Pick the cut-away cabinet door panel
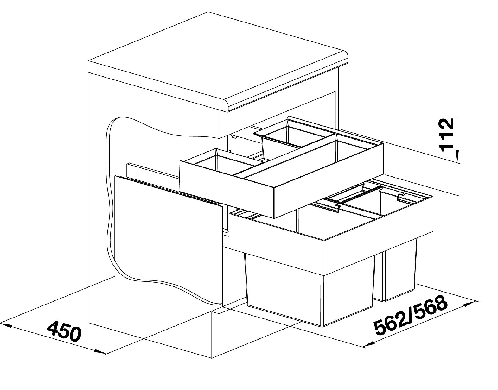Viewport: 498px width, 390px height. coord(169,239)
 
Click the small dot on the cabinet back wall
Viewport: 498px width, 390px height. coord(231,151)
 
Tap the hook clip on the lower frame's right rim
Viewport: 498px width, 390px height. coord(401,198)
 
